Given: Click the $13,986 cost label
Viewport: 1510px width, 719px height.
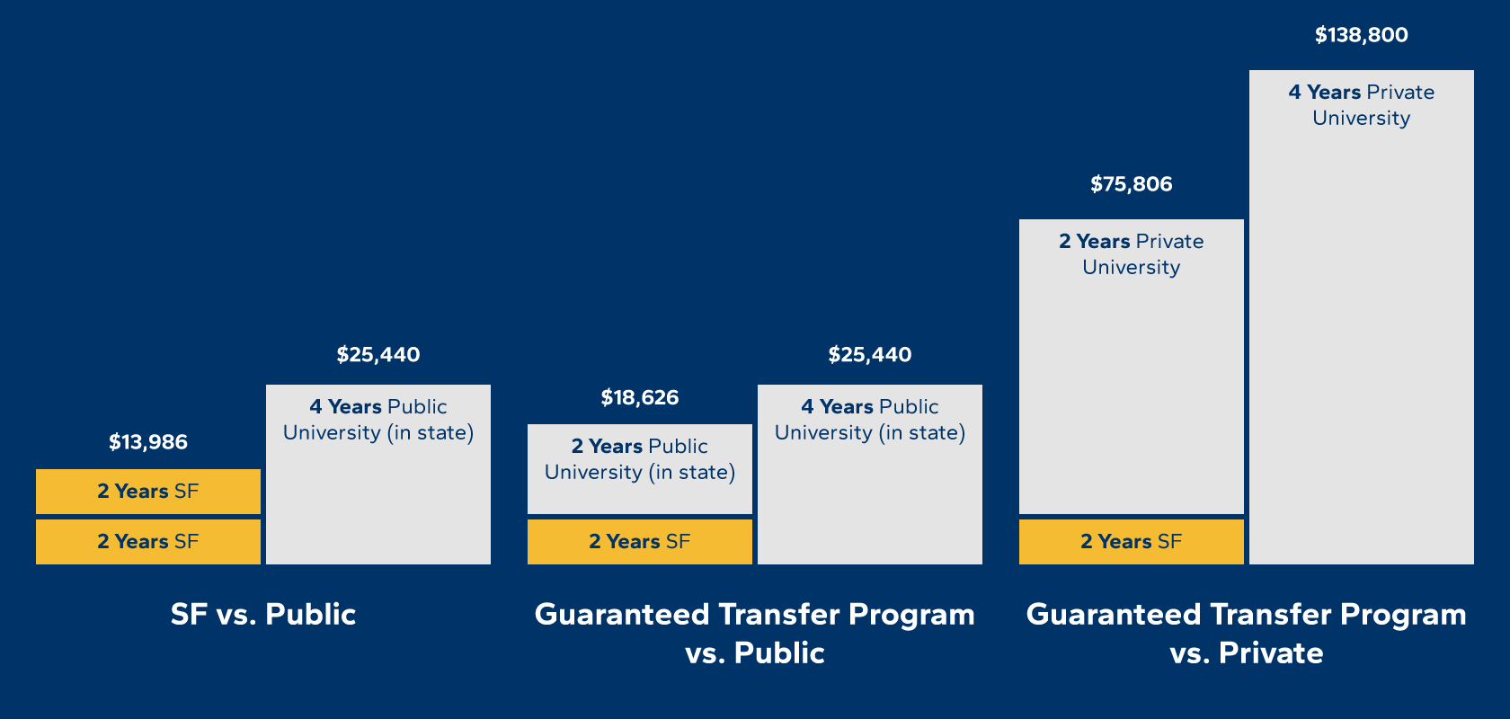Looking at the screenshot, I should [x=148, y=442].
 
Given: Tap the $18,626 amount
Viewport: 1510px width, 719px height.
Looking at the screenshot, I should [x=640, y=397].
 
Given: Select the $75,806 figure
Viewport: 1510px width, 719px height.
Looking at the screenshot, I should [x=1131, y=184].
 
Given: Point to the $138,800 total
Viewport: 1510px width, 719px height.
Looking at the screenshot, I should [x=1361, y=35].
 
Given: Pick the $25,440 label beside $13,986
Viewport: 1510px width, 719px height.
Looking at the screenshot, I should [x=377, y=355].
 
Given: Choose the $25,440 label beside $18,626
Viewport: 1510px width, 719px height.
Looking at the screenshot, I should [x=869, y=355].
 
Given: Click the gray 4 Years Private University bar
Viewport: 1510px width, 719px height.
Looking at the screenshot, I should [x=1361, y=342].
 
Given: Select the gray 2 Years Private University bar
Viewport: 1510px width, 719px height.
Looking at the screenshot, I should [x=1131, y=386].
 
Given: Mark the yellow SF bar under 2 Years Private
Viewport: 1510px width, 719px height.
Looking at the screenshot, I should [x=1131, y=542].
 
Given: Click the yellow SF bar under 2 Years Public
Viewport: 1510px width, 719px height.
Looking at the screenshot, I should [x=640, y=542].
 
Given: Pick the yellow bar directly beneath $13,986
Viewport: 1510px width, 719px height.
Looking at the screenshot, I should [x=148, y=492].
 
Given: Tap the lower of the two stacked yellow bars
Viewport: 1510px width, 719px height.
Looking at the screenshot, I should [x=148, y=542].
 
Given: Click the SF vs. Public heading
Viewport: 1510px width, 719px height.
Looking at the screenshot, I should [x=263, y=614].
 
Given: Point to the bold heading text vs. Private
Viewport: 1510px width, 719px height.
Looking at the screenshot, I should [x=1246, y=652].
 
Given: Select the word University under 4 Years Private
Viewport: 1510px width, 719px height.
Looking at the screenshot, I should [x=1361, y=119].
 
